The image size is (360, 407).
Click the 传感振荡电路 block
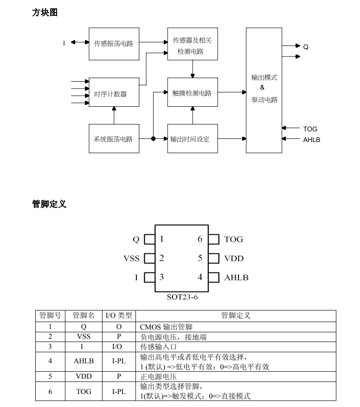[x=114, y=44]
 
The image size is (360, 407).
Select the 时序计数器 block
[x=114, y=93]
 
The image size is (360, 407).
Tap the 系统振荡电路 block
[x=114, y=139]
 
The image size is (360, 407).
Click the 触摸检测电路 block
[x=192, y=92]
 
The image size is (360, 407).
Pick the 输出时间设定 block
[x=192, y=139]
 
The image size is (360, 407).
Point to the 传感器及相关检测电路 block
[x=192, y=45]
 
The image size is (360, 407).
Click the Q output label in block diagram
[x=306, y=47]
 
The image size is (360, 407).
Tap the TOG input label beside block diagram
[x=310, y=129]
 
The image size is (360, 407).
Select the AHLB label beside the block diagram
[x=312, y=139]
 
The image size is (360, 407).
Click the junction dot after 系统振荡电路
[x=153, y=138]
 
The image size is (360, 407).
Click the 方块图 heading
[x=45, y=13]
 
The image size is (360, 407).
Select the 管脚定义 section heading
[x=49, y=204]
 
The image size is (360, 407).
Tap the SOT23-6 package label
[x=182, y=297]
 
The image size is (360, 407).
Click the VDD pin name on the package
[x=234, y=258]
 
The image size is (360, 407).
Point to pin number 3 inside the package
[x=161, y=277]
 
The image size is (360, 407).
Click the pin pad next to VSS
[x=149, y=258]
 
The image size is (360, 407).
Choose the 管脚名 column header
[x=84, y=316]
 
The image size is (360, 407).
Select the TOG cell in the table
[x=84, y=392]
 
